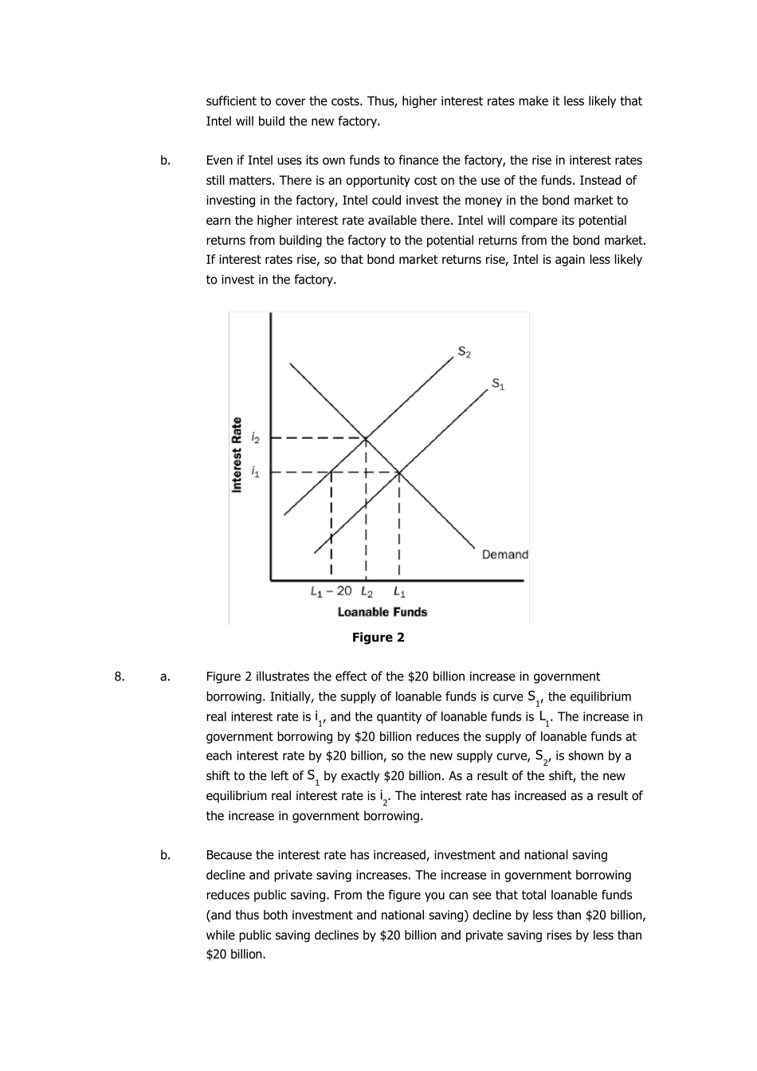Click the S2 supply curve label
pos(464,351)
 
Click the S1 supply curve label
pos(498,384)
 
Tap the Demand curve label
pos(504,555)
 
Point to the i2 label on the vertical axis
pos(255,437)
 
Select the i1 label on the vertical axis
pos(255,473)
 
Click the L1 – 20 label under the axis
pos(331,591)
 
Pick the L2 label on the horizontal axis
pos(367,591)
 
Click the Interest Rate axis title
pos(237,455)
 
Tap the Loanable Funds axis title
pos(382,612)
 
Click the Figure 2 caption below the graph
pos(378,637)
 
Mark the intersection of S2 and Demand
pos(366,437)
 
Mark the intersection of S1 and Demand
pos(399,473)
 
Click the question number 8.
pos(119,677)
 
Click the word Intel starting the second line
pos(219,121)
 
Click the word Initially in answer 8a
pos(294,696)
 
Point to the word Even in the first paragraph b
pos(219,160)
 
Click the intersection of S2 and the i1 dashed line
pos(331,473)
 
